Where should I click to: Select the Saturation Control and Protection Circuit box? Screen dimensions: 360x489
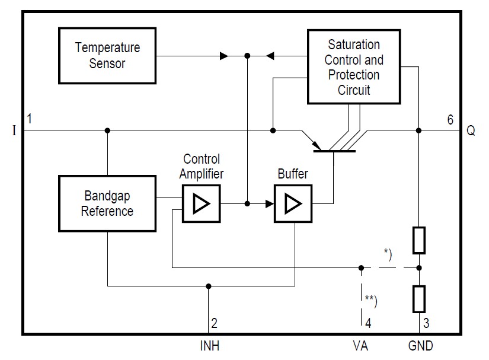coord(354,67)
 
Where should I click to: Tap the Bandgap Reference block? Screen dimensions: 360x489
coord(107,203)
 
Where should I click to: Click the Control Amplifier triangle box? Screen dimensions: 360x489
coord(201,203)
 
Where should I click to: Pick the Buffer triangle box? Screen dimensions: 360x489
coord(292,203)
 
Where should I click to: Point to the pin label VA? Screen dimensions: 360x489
coord(361,345)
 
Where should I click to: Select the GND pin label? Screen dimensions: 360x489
coord(420,345)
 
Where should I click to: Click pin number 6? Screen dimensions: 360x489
coord(450,120)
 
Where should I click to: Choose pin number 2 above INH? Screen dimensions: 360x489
coord(215,324)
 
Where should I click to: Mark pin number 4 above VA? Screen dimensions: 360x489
coord(368,324)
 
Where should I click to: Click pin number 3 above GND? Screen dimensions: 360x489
coord(427,324)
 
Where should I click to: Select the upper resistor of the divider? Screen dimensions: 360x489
coord(419,240)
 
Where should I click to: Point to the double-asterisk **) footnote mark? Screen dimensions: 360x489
coord(371,299)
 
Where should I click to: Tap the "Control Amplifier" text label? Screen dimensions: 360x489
coord(201,167)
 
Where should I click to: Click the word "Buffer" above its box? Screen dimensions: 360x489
coord(292,174)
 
